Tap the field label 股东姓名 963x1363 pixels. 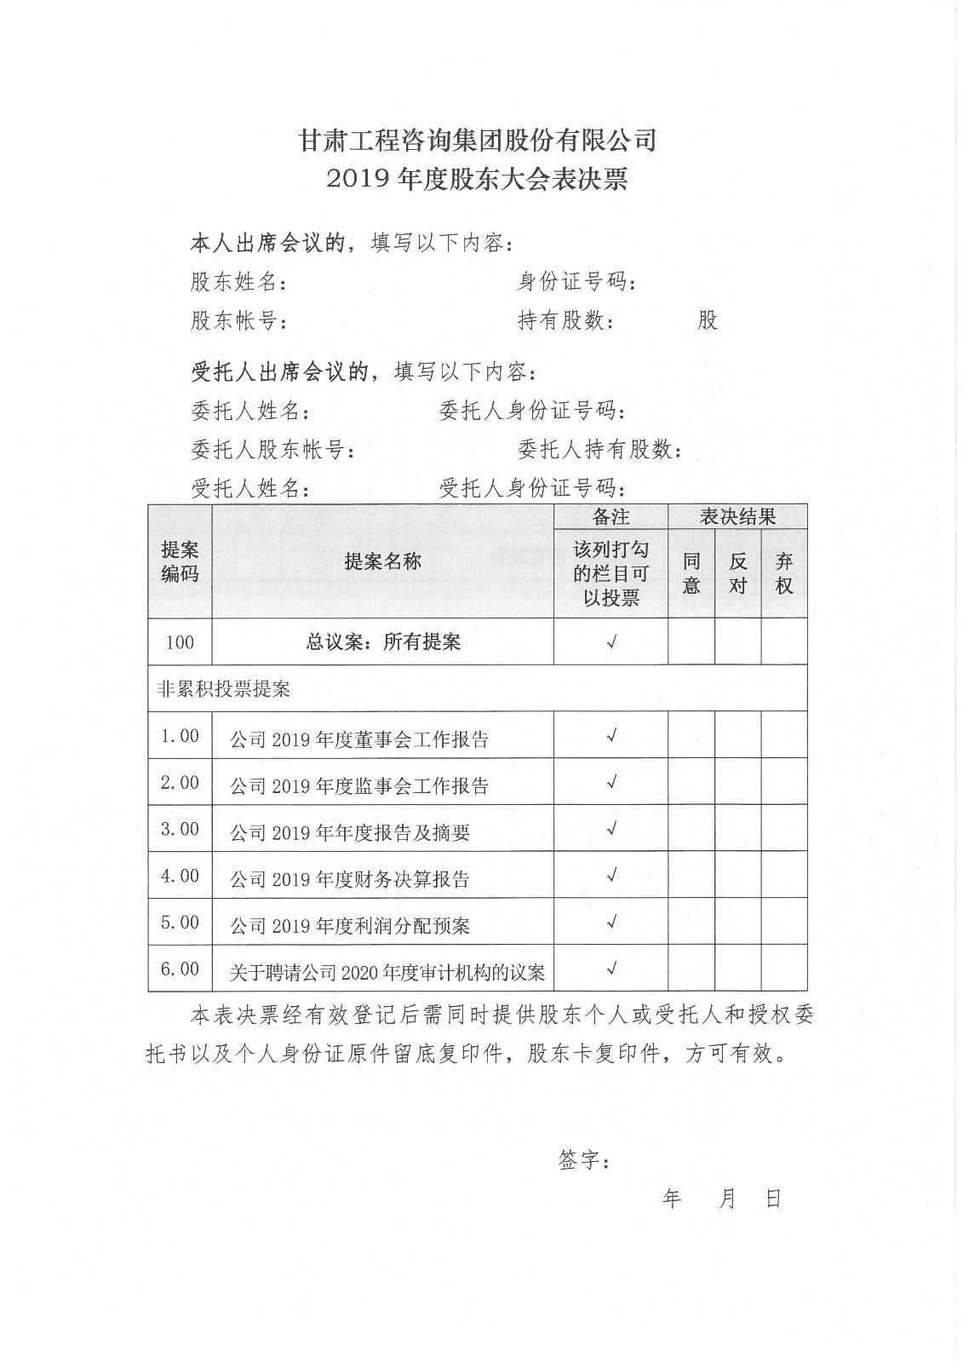pyautogui.click(x=238, y=282)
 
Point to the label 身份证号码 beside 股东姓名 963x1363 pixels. pyautogui.click(x=575, y=281)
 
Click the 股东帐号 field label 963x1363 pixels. pyautogui.click(x=238, y=321)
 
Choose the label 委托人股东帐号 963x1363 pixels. pyautogui.click(x=272, y=450)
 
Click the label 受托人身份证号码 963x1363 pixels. pyautogui.click(x=531, y=488)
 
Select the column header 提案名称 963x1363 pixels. pyautogui.click(x=382, y=561)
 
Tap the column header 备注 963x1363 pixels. pyautogui.click(x=610, y=517)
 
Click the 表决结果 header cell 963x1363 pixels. pyautogui.click(x=737, y=517)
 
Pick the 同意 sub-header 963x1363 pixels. pyautogui.click(x=691, y=573)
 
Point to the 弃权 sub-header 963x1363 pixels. pyautogui.click(x=783, y=573)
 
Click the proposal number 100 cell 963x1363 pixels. pyautogui.click(x=180, y=642)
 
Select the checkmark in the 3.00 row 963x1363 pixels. pyautogui.click(x=610, y=829)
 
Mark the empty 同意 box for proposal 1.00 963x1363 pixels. pyautogui.click(x=691, y=735)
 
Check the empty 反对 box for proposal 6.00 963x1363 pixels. pyautogui.click(x=737, y=969)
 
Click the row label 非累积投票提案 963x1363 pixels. pyautogui.click(x=224, y=689)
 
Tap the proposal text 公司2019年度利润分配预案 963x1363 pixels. pyautogui.click(x=350, y=926)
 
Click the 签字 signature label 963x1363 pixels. pyautogui.click(x=583, y=1160)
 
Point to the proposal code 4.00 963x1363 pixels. pyautogui.click(x=180, y=876)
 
